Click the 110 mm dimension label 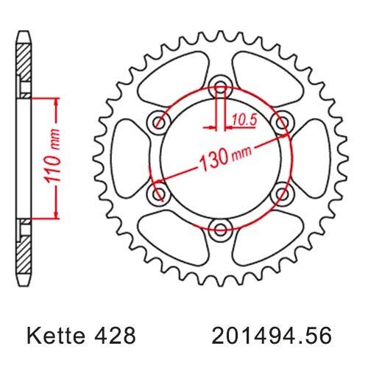(x=52, y=158)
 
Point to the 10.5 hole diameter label (x=244, y=121)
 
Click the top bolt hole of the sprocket (x=221, y=88)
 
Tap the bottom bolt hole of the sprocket (x=221, y=230)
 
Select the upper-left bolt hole (x=159, y=122)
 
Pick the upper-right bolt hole (x=282, y=122)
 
